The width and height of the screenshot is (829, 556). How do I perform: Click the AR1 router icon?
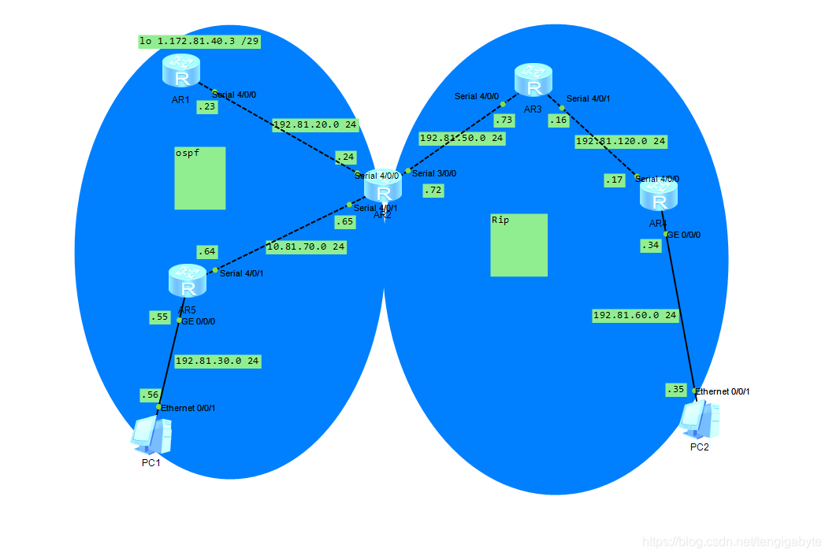pos(182,72)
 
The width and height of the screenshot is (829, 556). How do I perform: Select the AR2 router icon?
pos(383,189)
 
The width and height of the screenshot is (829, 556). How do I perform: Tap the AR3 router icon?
pos(533,81)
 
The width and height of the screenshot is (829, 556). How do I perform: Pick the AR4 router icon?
pos(659,195)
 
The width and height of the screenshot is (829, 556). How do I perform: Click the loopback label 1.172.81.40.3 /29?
pos(199,41)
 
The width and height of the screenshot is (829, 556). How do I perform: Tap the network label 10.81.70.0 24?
pos(305,246)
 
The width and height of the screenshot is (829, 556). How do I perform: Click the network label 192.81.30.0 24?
pos(217,361)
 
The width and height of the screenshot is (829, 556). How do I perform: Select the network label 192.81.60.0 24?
pos(634,315)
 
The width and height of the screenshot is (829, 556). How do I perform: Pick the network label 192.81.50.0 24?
pos(461,138)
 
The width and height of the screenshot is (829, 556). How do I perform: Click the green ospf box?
pos(199,178)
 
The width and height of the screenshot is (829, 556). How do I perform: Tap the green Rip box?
pos(519,245)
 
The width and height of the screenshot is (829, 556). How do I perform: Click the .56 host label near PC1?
pos(149,394)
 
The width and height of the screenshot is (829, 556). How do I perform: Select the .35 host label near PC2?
pos(675,389)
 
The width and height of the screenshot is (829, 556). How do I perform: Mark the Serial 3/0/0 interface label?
pos(433,173)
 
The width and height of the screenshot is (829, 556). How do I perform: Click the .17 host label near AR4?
pos(615,180)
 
